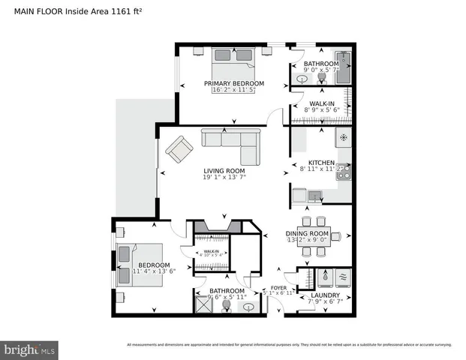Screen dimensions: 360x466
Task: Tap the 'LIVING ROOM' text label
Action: pos(224,171)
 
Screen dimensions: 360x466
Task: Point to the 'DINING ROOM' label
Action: pos(308,233)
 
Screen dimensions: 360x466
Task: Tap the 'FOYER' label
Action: pos(279,286)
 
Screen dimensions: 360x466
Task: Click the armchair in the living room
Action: pos(179,149)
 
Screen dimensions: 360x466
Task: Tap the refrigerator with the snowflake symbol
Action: pos(344,138)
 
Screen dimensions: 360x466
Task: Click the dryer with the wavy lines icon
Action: pos(344,276)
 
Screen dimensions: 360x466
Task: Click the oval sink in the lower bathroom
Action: pos(248,306)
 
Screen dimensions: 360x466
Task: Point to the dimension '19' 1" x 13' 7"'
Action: pos(224,178)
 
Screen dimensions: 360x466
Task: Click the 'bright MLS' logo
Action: pos(30,349)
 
